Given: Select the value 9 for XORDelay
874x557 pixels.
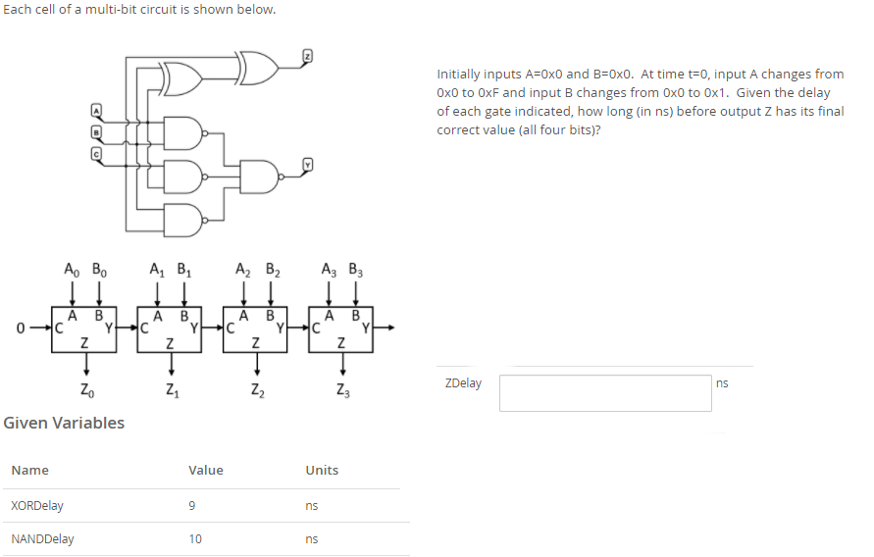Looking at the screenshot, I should pos(192,506).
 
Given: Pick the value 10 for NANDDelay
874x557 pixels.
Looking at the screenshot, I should pos(195,539).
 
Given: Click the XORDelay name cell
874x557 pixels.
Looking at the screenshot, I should pos(37,506).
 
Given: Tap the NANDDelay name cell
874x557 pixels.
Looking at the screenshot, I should pos(42,539).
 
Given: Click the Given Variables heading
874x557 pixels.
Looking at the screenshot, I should pos(65,423).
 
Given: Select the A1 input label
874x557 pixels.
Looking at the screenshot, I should pos(157,268).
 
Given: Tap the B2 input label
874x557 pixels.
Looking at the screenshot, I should pos(270,268).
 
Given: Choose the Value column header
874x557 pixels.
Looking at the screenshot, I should pos(206,471).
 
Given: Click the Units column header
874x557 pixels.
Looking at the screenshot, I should pos(322,471).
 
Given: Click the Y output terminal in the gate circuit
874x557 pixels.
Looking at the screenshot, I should pos(306,165).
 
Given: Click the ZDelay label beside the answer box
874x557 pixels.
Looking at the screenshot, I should pos(463,383).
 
